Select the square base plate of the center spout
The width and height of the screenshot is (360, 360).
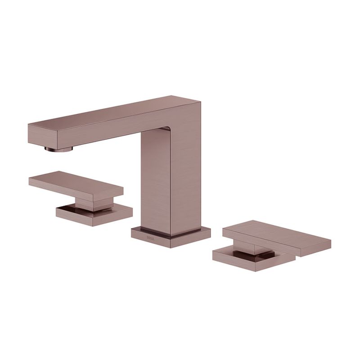[171, 237]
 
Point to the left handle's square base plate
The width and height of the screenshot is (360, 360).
[94, 216]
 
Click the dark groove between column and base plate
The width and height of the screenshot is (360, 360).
[171, 231]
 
